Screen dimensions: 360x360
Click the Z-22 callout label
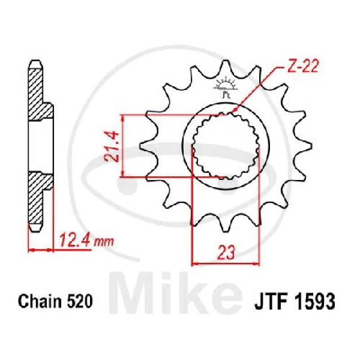pyautogui.click(x=302, y=67)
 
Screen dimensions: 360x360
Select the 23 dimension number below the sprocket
pyautogui.click(x=226, y=252)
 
